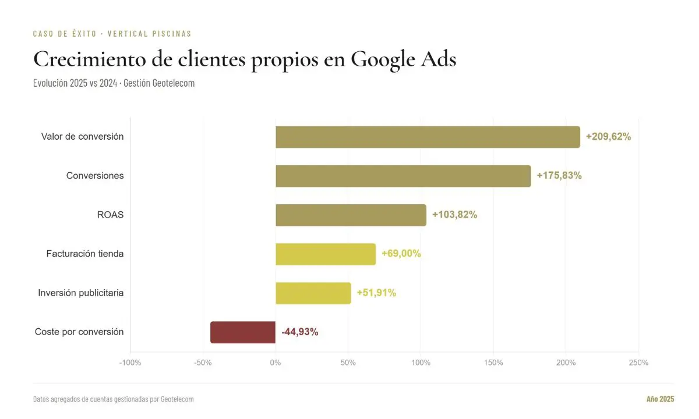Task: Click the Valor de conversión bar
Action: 428,137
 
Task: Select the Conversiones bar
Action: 403,176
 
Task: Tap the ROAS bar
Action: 351,215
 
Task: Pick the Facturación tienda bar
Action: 326,254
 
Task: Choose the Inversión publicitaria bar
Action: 313,293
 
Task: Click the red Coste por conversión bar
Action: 243,332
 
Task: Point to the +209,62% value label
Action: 608,137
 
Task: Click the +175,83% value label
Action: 559,176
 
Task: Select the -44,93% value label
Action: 299,332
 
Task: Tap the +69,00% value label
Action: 401,254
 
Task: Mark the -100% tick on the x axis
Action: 130,363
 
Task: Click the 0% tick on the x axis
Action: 276,363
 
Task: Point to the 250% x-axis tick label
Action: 638,363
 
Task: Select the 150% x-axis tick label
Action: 493,363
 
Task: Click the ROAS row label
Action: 110,215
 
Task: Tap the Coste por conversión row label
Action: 79,332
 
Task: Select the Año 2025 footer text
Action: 660,399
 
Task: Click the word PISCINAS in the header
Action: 172,34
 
